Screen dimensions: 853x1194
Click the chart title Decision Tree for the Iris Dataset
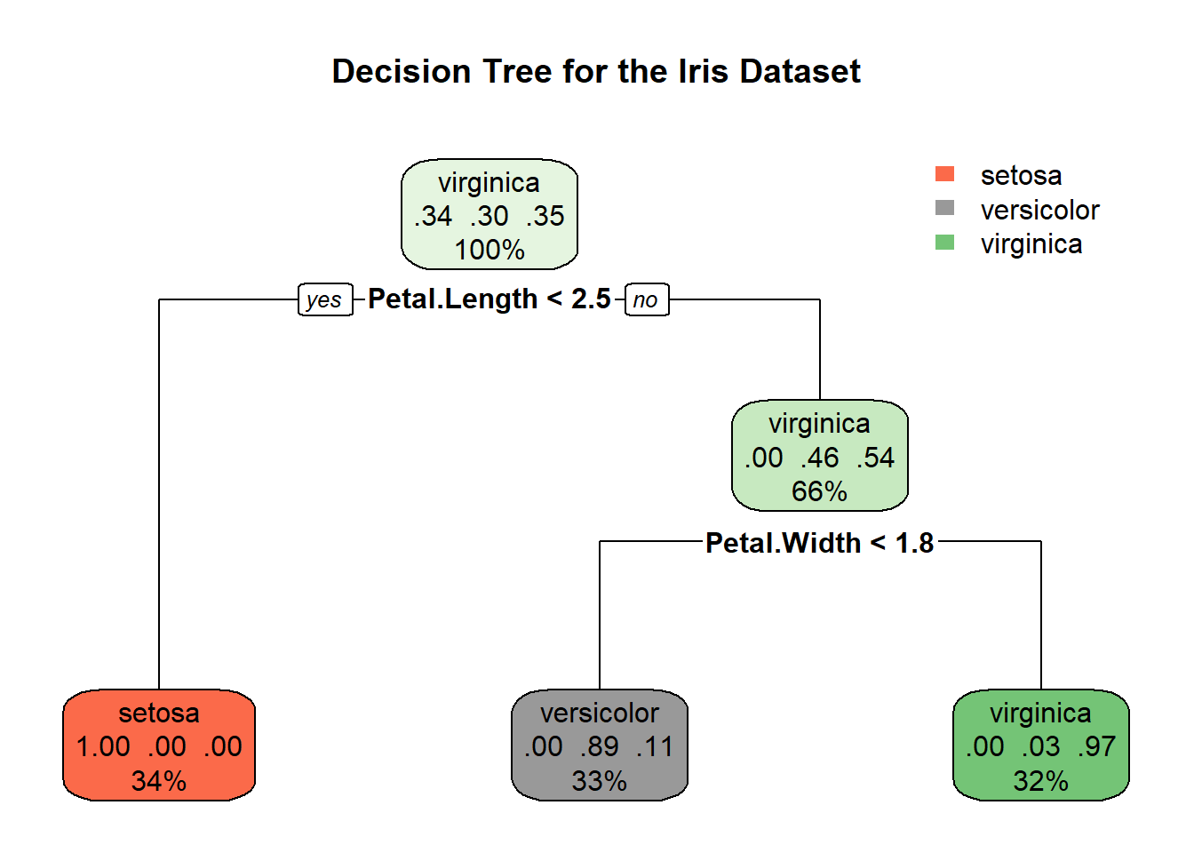point(596,72)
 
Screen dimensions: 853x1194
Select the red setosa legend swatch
point(944,174)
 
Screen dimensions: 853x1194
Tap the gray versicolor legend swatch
point(944,208)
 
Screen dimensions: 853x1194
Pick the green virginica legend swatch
point(944,243)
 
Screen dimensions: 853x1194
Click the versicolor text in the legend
point(1039,211)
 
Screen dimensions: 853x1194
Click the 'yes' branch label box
point(324,300)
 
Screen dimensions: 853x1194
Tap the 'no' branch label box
point(646,300)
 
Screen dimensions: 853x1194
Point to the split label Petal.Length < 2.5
point(490,299)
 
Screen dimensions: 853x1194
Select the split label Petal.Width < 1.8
point(819,543)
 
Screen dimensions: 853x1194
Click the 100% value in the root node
point(490,250)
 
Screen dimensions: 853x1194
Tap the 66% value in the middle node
point(819,491)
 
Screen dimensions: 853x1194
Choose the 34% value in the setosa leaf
point(159,781)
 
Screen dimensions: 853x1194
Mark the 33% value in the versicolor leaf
point(600,781)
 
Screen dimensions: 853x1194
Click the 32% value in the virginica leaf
point(1040,781)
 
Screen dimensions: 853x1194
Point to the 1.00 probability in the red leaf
point(103,747)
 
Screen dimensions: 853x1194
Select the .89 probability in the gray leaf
point(600,747)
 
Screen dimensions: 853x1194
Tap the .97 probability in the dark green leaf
point(1096,747)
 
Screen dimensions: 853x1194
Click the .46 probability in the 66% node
point(819,458)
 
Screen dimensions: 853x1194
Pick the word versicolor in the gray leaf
point(600,713)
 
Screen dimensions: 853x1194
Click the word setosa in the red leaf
point(159,713)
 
